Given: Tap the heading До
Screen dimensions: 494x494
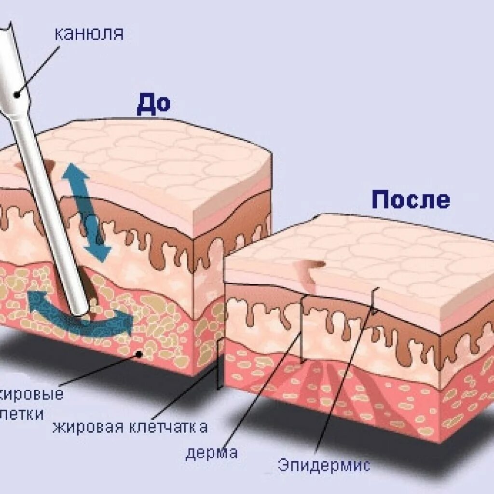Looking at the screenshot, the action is (x=153, y=105).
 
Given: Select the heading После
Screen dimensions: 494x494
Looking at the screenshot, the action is (x=411, y=199).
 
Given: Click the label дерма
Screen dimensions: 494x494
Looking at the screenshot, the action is (x=211, y=453).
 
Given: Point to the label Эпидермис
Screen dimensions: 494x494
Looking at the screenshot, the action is (x=324, y=465).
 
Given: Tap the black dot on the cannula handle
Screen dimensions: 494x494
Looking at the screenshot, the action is (x=17, y=95).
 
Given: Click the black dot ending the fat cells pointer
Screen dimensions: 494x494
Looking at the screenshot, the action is (x=139, y=354).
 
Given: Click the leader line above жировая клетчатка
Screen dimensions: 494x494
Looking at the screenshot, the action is (x=193, y=391).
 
